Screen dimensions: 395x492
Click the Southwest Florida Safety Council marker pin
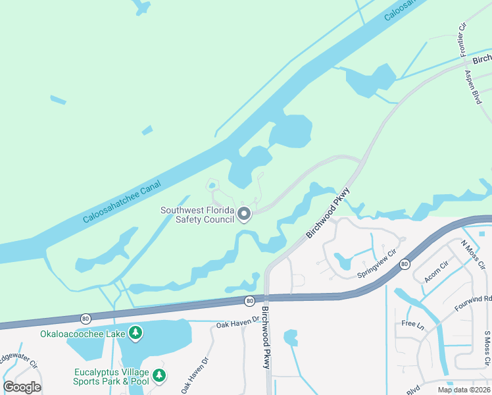(x=244, y=214)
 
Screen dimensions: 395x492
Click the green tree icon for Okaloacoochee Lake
(x=135, y=333)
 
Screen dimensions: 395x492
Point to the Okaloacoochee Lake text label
(x=82, y=334)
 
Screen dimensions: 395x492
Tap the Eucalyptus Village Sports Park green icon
(x=159, y=375)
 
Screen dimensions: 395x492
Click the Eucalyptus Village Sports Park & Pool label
(x=111, y=376)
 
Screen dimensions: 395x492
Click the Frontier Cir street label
(x=462, y=41)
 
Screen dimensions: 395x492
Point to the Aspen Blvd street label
(x=472, y=87)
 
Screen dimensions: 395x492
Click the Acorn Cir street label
(x=435, y=271)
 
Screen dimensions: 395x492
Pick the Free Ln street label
(x=412, y=324)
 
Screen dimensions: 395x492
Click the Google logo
(x=22, y=386)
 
